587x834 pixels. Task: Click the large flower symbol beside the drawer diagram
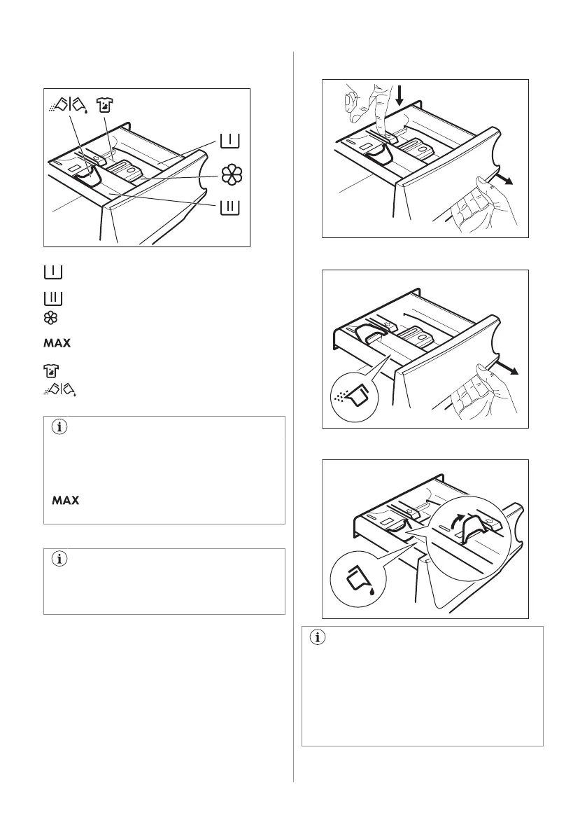[x=230, y=176]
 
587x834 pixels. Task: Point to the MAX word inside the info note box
[x=64, y=501]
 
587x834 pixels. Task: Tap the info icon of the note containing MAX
[x=57, y=430]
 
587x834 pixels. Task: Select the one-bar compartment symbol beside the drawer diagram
[x=229, y=141]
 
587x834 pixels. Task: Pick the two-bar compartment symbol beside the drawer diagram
[x=229, y=208]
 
